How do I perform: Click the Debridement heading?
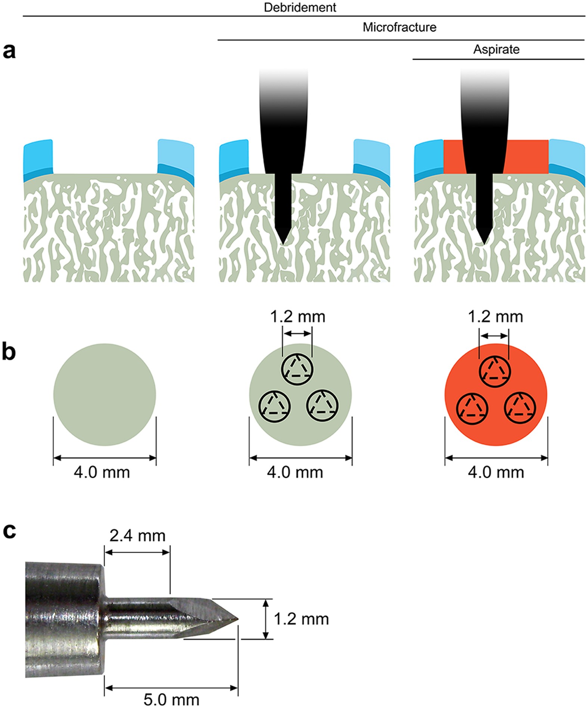coord(300,7)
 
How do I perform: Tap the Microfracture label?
coord(399,27)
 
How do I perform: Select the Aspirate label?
coord(496,49)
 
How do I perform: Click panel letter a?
coord(9,51)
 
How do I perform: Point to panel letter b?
coord(9,352)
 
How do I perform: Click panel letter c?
coord(9,531)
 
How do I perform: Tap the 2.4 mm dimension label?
coord(137,536)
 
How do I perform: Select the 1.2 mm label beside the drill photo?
coord(301,619)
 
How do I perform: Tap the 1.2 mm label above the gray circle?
coord(298,317)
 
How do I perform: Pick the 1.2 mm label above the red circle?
coord(495,317)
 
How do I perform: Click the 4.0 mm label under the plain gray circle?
coord(102,472)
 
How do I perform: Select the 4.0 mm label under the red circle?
coord(496,472)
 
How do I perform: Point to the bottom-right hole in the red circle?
coord(520,406)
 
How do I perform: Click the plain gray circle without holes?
coord(105,394)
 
